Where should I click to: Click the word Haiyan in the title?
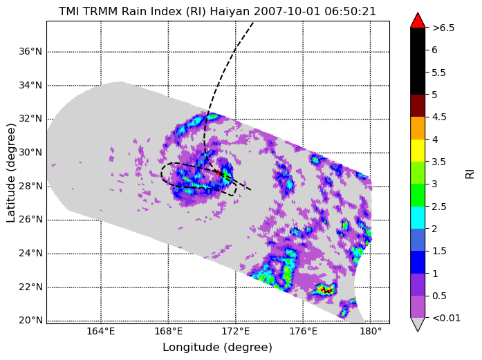(x=230, y=12)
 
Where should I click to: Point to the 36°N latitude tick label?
(x=30, y=51)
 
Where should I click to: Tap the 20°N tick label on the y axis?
(x=30, y=321)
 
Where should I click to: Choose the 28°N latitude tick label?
(x=30, y=186)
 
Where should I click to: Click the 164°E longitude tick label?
(x=101, y=332)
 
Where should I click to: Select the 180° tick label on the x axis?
(x=371, y=332)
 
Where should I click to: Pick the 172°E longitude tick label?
(x=236, y=332)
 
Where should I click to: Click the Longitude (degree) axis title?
(x=218, y=348)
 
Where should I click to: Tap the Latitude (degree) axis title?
(x=11, y=173)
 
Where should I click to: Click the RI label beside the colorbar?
(x=470, y=174)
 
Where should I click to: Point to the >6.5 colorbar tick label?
(x=443, y=28)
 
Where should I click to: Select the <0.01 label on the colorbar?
(x=446, y=318)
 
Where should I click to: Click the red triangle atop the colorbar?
(x=418, y=20)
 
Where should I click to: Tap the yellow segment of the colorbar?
(x=418, y=151)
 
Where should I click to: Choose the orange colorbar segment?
(x=418, y=128)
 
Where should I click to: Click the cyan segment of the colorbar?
(x=418, y=218)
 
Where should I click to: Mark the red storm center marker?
(x=219, y=172)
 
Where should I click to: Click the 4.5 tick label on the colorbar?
(x=439, y=117)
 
